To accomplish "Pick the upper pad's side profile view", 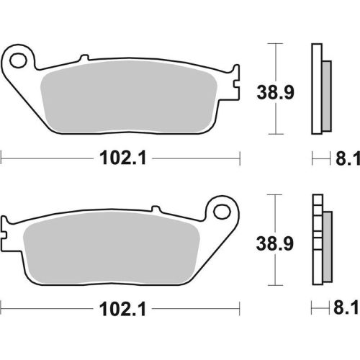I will (316, 89).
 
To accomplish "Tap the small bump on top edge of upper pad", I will (84, 58).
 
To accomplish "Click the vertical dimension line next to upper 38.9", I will (272, 89).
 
